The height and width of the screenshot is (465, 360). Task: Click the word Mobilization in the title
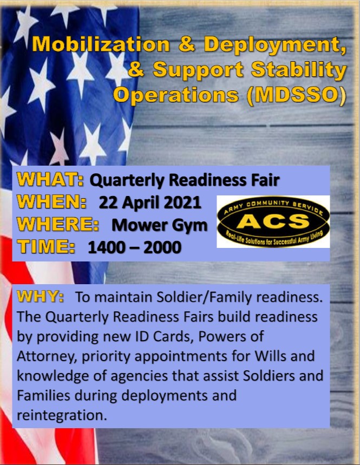click(x=101, y=44)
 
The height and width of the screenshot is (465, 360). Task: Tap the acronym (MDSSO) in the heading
click(x=296, y=95)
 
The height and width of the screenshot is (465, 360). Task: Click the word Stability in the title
click(x=299, y=70)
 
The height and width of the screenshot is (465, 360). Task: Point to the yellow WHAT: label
click(x=50, y=179)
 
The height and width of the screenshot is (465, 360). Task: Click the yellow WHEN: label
click(x=51, y=202)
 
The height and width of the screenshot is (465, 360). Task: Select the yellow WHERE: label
click(x=58, y=224)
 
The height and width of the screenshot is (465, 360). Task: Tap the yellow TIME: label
click(x=46, y=246)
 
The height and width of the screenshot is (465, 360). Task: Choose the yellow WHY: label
click(x=40, y=296)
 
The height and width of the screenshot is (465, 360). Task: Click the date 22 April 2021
click(x=150, y=202)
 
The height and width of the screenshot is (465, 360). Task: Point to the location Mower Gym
click(x=160, y=226)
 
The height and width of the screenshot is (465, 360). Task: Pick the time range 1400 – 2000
click(x=135, y=247)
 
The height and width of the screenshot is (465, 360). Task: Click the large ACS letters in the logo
click(x=273, y=221)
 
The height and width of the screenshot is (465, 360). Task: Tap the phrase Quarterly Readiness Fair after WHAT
click(x=185, y=180)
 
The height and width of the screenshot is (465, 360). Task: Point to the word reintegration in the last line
click(x=62, y=415)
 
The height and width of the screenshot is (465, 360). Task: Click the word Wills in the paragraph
click(x=271, y=356)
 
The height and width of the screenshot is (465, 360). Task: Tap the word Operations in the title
click(x=176, y=96)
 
